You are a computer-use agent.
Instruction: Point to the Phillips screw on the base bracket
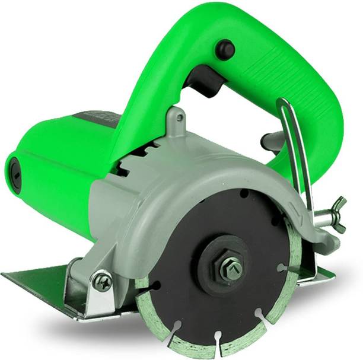coord(101,281)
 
